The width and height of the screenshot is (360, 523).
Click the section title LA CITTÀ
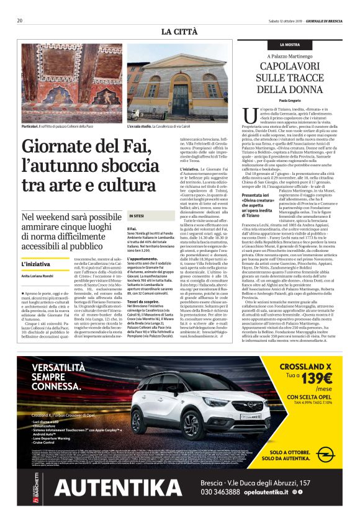point(179,31)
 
